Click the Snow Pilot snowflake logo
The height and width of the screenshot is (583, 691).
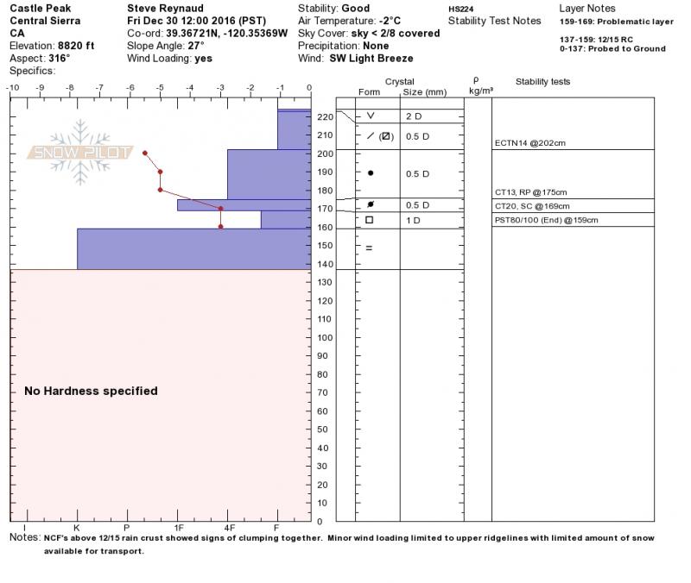(80, 152)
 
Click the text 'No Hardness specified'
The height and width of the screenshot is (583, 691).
(91, 391)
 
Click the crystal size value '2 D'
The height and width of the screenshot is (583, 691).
(413, 116)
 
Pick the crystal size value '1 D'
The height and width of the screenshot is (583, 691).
(413, 220)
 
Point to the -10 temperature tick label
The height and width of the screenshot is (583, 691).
(12, 88)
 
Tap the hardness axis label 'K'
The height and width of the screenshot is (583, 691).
(77, 527)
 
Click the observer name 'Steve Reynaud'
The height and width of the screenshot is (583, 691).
(165, 8)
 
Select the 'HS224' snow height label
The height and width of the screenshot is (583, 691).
(460, 9)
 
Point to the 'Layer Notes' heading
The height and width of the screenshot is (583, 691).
(587, 8)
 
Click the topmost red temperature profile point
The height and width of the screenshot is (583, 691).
(144, 153)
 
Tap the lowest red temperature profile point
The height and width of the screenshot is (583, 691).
(221, 226)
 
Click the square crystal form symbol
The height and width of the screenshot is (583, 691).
(370, 220)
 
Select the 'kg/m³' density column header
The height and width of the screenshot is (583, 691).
(480, 90)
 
